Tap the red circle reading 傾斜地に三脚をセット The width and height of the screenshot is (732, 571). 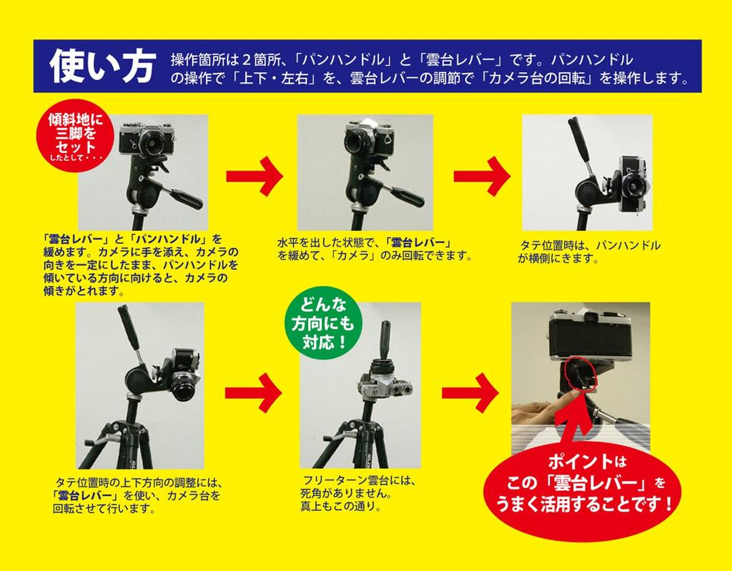pos(75,135)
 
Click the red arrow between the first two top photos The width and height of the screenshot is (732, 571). pos(254,176)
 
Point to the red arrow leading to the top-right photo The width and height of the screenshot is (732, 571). pos(482,176)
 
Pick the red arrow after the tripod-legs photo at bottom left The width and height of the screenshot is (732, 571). pos(254,392)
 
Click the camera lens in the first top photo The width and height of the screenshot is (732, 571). pos(150,142)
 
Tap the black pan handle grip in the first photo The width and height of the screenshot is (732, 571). pos(187,199)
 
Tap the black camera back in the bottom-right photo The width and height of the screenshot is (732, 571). pos(590,339)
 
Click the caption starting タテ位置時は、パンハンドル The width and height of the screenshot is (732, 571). pos(589,252)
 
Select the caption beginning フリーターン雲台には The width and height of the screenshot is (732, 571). pos(357,493)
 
